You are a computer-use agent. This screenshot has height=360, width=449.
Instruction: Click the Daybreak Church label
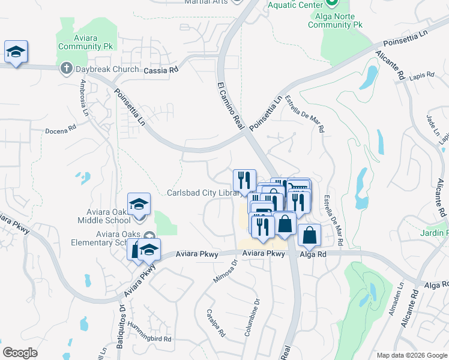pos(107,69)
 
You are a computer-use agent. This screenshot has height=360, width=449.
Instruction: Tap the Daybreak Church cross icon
pos(66,69)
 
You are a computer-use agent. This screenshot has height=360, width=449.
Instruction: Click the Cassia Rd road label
pos(161,70)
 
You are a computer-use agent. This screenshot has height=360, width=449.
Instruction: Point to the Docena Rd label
pos(61,129)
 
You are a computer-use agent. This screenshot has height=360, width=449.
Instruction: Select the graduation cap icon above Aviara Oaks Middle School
pos(139,203)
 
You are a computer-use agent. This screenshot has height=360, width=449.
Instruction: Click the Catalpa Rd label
pos(215,322)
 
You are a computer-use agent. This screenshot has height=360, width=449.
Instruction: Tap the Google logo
pos(20,353)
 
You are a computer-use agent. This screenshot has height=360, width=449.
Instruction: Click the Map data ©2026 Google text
pos(411,355)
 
